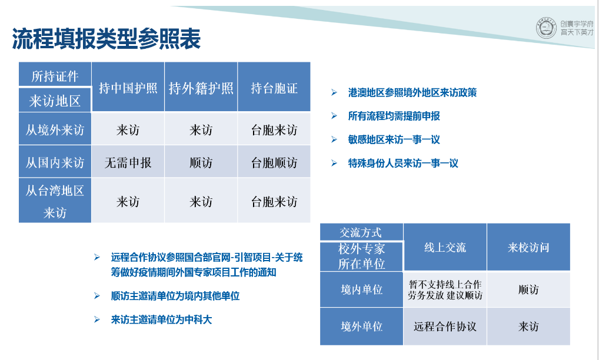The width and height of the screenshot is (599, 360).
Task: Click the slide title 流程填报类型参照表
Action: (x=106, y=39)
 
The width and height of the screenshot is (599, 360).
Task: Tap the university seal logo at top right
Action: (x=546, y=28)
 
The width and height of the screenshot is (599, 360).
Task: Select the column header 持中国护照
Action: (x=128, y=88)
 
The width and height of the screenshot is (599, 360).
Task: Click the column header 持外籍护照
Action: (x=201, y=88)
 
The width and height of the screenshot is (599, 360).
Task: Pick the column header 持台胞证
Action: (x=274, y=88)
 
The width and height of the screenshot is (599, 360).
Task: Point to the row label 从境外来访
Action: (x=55, y=130)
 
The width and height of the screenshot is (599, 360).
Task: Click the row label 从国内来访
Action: (x=55, y=162)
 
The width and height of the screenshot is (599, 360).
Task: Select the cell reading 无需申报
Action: (x=128, y=163)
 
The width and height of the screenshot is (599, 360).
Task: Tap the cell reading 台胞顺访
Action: (x=274, y=163)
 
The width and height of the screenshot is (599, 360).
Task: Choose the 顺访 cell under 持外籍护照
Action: (x=201, y=163)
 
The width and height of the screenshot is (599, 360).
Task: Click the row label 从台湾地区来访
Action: (x=55, y=201)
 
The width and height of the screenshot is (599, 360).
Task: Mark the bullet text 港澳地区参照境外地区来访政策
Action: (x=412, y=92)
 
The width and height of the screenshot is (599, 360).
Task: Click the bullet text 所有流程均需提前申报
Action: (x=394, y=116)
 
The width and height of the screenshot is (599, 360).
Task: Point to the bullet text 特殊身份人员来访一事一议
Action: (x=403, y=164)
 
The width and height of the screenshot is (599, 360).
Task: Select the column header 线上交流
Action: (x=445, y=248)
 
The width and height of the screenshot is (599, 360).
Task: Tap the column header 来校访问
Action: (x=528, y=248)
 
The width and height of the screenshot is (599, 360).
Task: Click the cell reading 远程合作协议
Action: (x=445, y=326)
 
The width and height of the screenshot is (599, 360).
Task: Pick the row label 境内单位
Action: (x=361, y=289)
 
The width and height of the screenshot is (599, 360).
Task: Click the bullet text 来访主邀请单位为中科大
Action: (x=161, y=319)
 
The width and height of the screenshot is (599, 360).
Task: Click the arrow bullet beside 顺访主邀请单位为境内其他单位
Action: (x=97, y=296)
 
